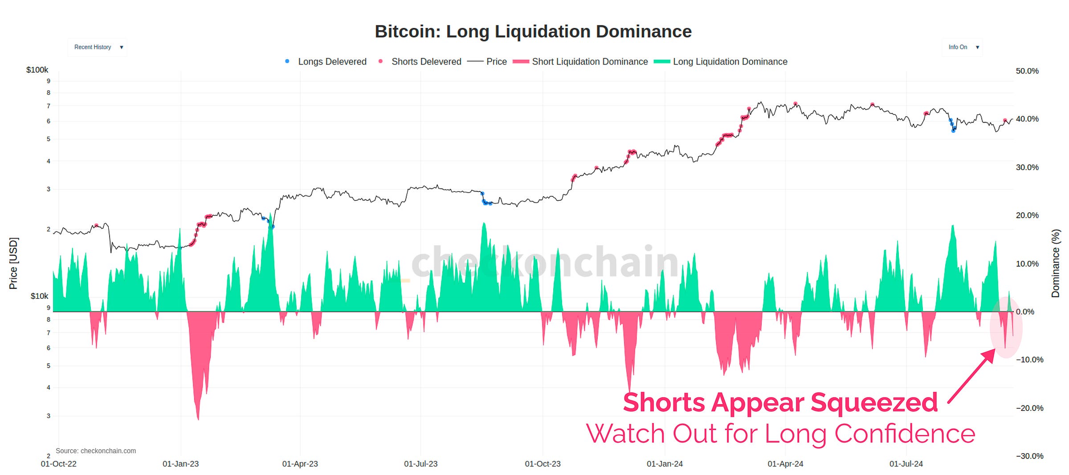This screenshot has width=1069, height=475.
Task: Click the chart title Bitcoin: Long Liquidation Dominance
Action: tap(533, 32)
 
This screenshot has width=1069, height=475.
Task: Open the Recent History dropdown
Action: tap(98, 47)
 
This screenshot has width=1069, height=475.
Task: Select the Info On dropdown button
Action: tap(962, 47)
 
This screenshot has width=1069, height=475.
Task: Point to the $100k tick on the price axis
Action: tap(37, 70)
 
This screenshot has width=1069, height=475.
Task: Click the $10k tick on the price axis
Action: tap(39, 296)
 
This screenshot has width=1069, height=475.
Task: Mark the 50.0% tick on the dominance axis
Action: tap(1027, 71)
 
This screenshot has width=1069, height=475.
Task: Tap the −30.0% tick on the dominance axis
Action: tap(1029, 456)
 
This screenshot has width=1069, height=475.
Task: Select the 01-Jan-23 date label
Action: tap(180, 464)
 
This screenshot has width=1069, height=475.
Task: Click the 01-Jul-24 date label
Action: tap(906, 464)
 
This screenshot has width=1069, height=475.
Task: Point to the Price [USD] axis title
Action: tap(13, 264)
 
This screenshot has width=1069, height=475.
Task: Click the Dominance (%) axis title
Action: tap(1055, 264)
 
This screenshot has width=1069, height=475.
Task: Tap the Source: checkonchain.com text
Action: tap(96, 451)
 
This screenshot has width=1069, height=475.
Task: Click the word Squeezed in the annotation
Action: tap(874, 402)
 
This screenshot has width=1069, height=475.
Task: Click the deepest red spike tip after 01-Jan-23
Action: tap(198, 418)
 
